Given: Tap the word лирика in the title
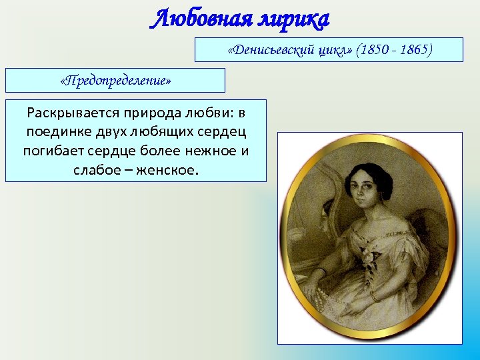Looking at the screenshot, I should click(292, 19).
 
